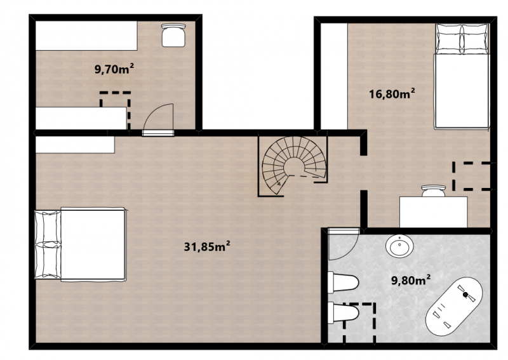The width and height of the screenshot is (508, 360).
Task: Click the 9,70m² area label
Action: [x=114, y=69]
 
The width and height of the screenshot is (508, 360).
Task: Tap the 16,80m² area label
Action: [x=392, y=94]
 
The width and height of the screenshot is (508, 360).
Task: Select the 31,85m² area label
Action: [x=207, y=246]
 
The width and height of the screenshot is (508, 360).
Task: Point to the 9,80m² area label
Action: [x=411, y=280]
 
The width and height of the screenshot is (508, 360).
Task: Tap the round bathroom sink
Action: [x=399, y=246]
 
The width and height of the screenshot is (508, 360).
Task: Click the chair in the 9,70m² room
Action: [x=173, y=35]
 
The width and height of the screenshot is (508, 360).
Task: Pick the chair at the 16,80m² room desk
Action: [x=434, y=190]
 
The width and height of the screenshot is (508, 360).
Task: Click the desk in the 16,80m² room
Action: [x=434, y=212]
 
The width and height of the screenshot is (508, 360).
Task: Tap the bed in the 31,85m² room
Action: [x=81, y=244]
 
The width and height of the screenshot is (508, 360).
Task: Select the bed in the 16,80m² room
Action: [x=462, y=77]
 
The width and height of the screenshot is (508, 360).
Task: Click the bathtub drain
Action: [x=466, y=295]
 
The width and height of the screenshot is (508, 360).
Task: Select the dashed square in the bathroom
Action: [x=359, y=323]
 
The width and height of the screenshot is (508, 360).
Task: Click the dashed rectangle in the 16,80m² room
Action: [x=471, y=177]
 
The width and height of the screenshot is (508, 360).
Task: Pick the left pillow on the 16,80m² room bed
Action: [x=449, y=39]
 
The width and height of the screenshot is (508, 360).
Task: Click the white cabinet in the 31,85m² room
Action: [x=75, y=145]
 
